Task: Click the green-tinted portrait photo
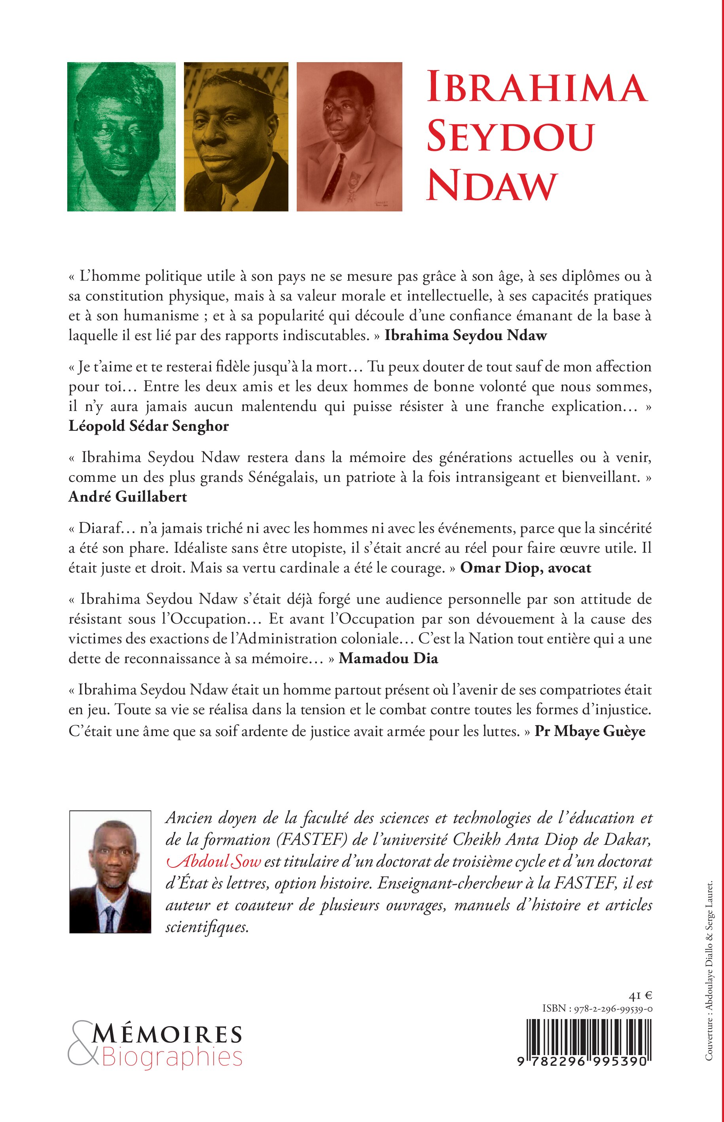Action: pos(121,137)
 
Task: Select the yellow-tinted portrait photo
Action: pos(236,137)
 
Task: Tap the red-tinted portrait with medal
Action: pos(349,137)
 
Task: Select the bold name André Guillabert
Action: pos(128,497)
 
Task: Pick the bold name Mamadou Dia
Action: pos(389,658)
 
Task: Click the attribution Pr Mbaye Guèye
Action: pos(590,732)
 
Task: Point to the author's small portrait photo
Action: pos(110,872)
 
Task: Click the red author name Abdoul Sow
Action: pos(214,861)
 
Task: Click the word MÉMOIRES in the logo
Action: pos(167,1035)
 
